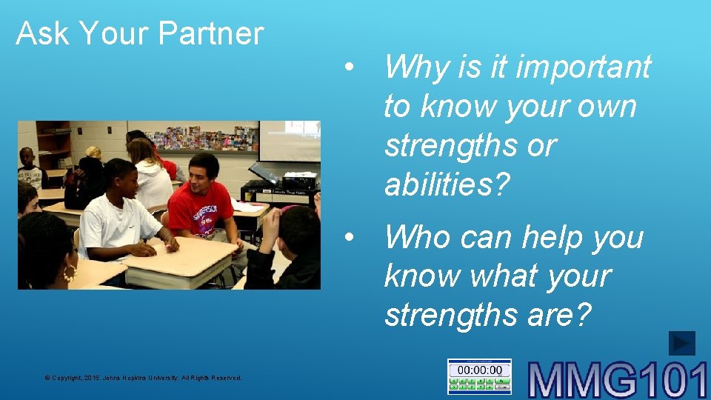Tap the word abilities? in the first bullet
(x=447, y=184)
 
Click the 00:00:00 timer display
(x=479, y=370)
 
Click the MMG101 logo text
(x=618, y=379)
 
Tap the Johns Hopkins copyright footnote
(x=143, y=378)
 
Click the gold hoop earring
(x=70, y=275)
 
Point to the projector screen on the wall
(x=289, y=141)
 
